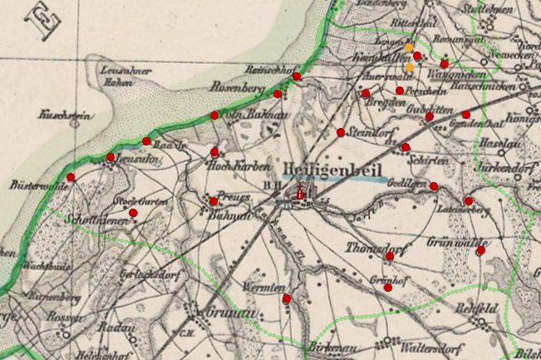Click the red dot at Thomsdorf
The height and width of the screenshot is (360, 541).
389,256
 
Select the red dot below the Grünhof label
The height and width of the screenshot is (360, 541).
388,287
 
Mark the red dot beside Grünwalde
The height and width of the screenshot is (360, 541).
480,250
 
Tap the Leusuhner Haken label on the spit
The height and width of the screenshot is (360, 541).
124,76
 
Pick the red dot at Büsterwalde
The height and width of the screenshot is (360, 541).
71,177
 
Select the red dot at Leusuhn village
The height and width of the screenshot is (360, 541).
111,157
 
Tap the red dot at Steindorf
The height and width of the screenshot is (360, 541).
341,132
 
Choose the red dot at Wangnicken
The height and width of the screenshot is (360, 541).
445,64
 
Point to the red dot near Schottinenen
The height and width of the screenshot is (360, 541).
133,213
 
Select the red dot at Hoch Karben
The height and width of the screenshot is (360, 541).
214,152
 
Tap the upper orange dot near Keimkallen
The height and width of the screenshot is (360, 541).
408,47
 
